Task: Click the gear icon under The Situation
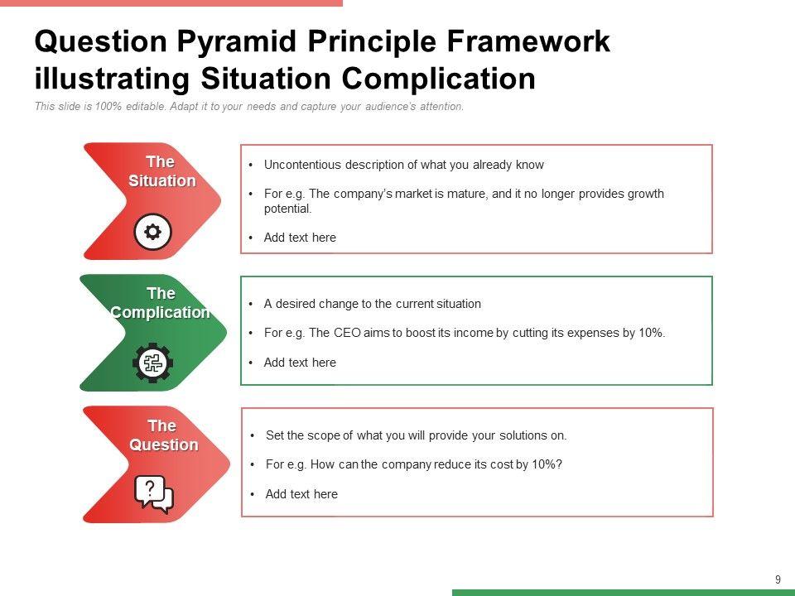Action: tap(152, 232)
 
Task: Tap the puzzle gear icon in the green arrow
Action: tap(152, 363)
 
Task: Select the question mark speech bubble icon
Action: tap(154, 494)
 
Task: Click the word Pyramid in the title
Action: tap(236, 41)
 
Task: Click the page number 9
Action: tap(778, 579)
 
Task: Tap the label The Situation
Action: tap(161, 171)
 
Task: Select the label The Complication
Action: tap(160, 303)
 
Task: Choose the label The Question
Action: tap(163, 435)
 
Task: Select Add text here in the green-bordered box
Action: tap(300, 363)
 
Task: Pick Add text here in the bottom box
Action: tap(301, 494)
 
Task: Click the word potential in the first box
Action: tap(287, 209)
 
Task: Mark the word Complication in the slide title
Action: tap(439, 79)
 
